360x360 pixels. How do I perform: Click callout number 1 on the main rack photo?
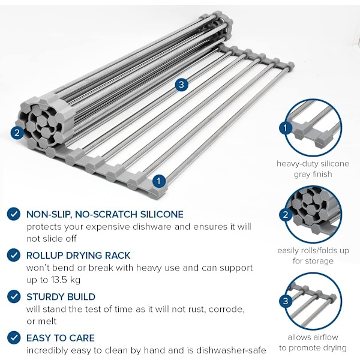pos(158,181)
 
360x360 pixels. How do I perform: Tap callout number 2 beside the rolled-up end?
pos(17,133)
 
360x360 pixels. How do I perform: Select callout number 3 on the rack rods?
pos(181,85)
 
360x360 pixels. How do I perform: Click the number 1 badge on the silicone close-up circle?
pos(286,128)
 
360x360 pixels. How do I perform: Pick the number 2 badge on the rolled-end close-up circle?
pos(286,215)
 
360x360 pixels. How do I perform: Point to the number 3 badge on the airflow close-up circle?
pos(286,301)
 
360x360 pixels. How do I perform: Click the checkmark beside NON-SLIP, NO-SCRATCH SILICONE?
pos(14,214)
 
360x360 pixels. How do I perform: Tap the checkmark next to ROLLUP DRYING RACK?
pos(14,255)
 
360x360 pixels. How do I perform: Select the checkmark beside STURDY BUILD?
pos(14,296)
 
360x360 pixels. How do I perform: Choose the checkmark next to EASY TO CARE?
pos(14,338)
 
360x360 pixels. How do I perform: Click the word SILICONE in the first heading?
pos(162,214)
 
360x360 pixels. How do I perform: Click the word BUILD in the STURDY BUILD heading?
pos(80,297)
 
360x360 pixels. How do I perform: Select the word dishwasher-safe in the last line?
pos(231,350)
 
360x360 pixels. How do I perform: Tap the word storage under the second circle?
pos(319,261)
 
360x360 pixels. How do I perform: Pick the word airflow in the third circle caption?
pos(324,337)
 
